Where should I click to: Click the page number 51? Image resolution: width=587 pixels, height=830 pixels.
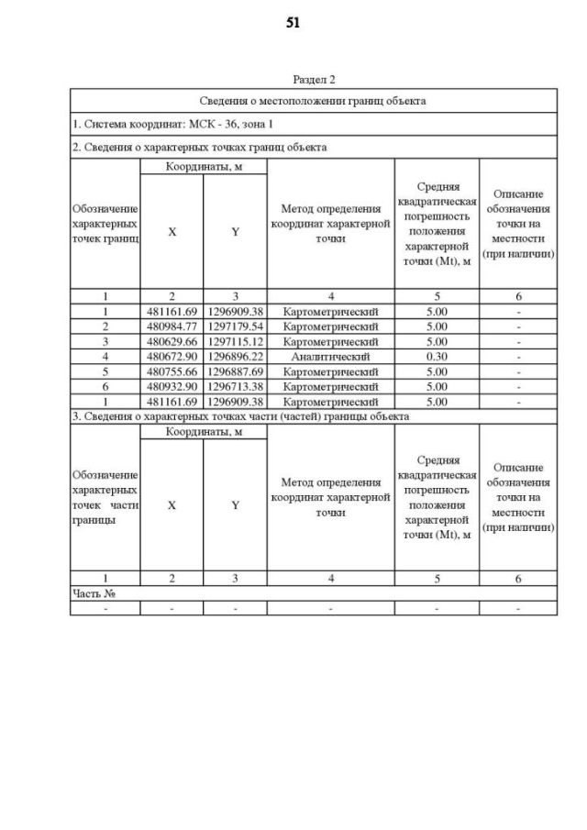tap(293, 23)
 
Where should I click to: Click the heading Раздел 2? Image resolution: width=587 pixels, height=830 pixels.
tap(314, 80)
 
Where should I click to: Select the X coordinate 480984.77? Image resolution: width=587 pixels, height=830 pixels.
tap(172, 326)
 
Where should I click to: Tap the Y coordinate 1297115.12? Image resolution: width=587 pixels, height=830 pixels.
tap(235, 341)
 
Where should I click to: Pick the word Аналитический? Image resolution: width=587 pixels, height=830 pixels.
tap(330, 356)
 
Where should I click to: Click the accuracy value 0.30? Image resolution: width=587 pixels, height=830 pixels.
tap(437, 356)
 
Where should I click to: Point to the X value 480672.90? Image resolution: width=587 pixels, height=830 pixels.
tap(172, 356)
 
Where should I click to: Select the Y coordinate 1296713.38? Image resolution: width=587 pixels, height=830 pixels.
tap(235, 386)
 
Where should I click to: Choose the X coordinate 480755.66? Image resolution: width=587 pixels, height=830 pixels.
tap(172, 371)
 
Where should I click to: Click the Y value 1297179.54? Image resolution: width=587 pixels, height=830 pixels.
tap(235, 326)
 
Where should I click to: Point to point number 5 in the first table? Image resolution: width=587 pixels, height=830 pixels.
tap(105, 371)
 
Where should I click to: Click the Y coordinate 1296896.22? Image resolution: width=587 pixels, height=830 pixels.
tap(235, 356)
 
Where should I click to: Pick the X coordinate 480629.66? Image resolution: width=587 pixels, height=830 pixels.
tap(172, 341)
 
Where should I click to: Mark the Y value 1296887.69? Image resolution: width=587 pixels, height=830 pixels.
tap(235, 371)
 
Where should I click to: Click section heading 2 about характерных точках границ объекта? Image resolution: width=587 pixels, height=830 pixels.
tap(199, 147)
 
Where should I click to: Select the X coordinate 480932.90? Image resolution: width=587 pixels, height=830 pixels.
tap(172, 386)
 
